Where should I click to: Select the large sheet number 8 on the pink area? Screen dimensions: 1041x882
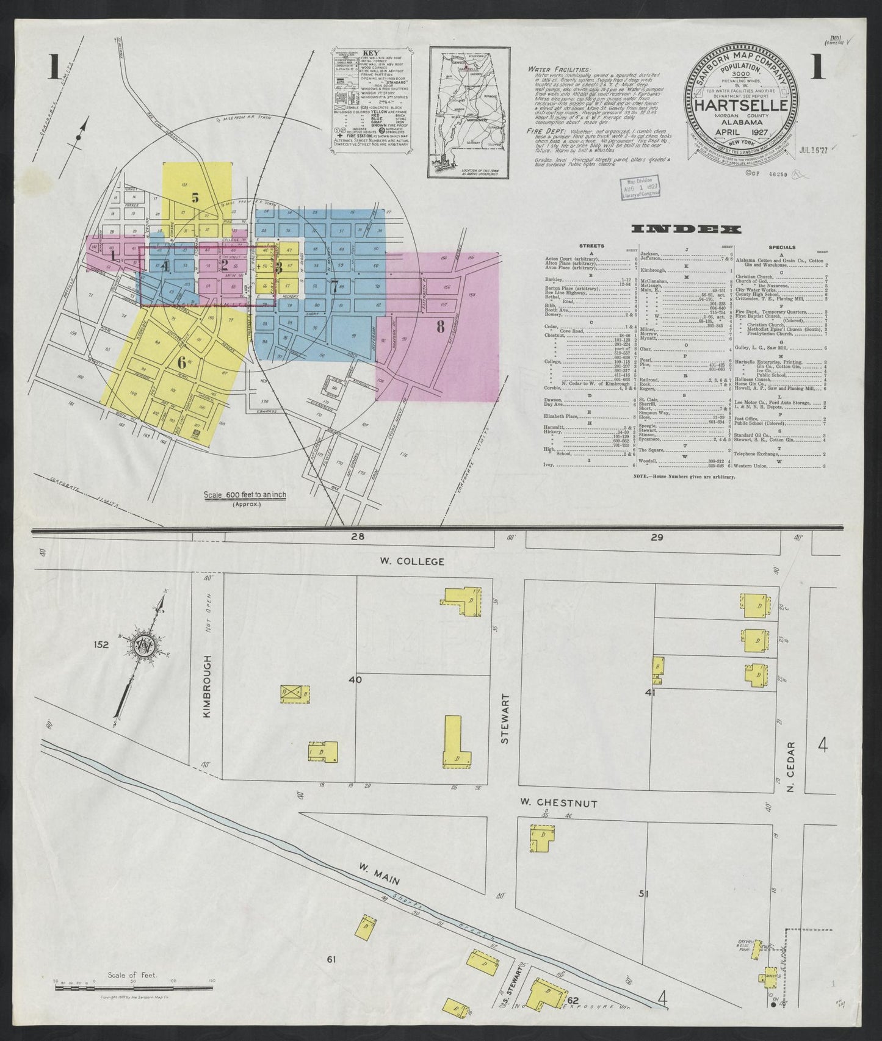point(440,327)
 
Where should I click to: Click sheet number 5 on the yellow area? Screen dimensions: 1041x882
point(195,197)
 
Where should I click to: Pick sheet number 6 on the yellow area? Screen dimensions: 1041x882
point(181,361)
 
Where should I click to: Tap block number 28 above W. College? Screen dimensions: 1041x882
point(358,537)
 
